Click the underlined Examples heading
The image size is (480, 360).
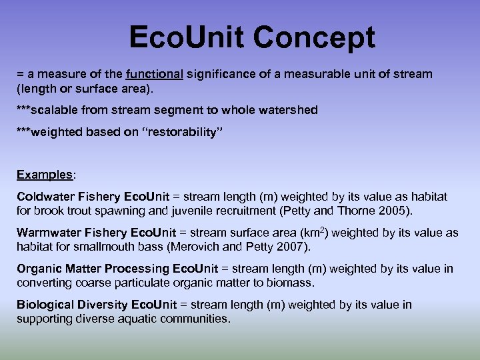(x=45, y=175)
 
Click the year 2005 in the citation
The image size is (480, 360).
(x=397, y=211)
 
